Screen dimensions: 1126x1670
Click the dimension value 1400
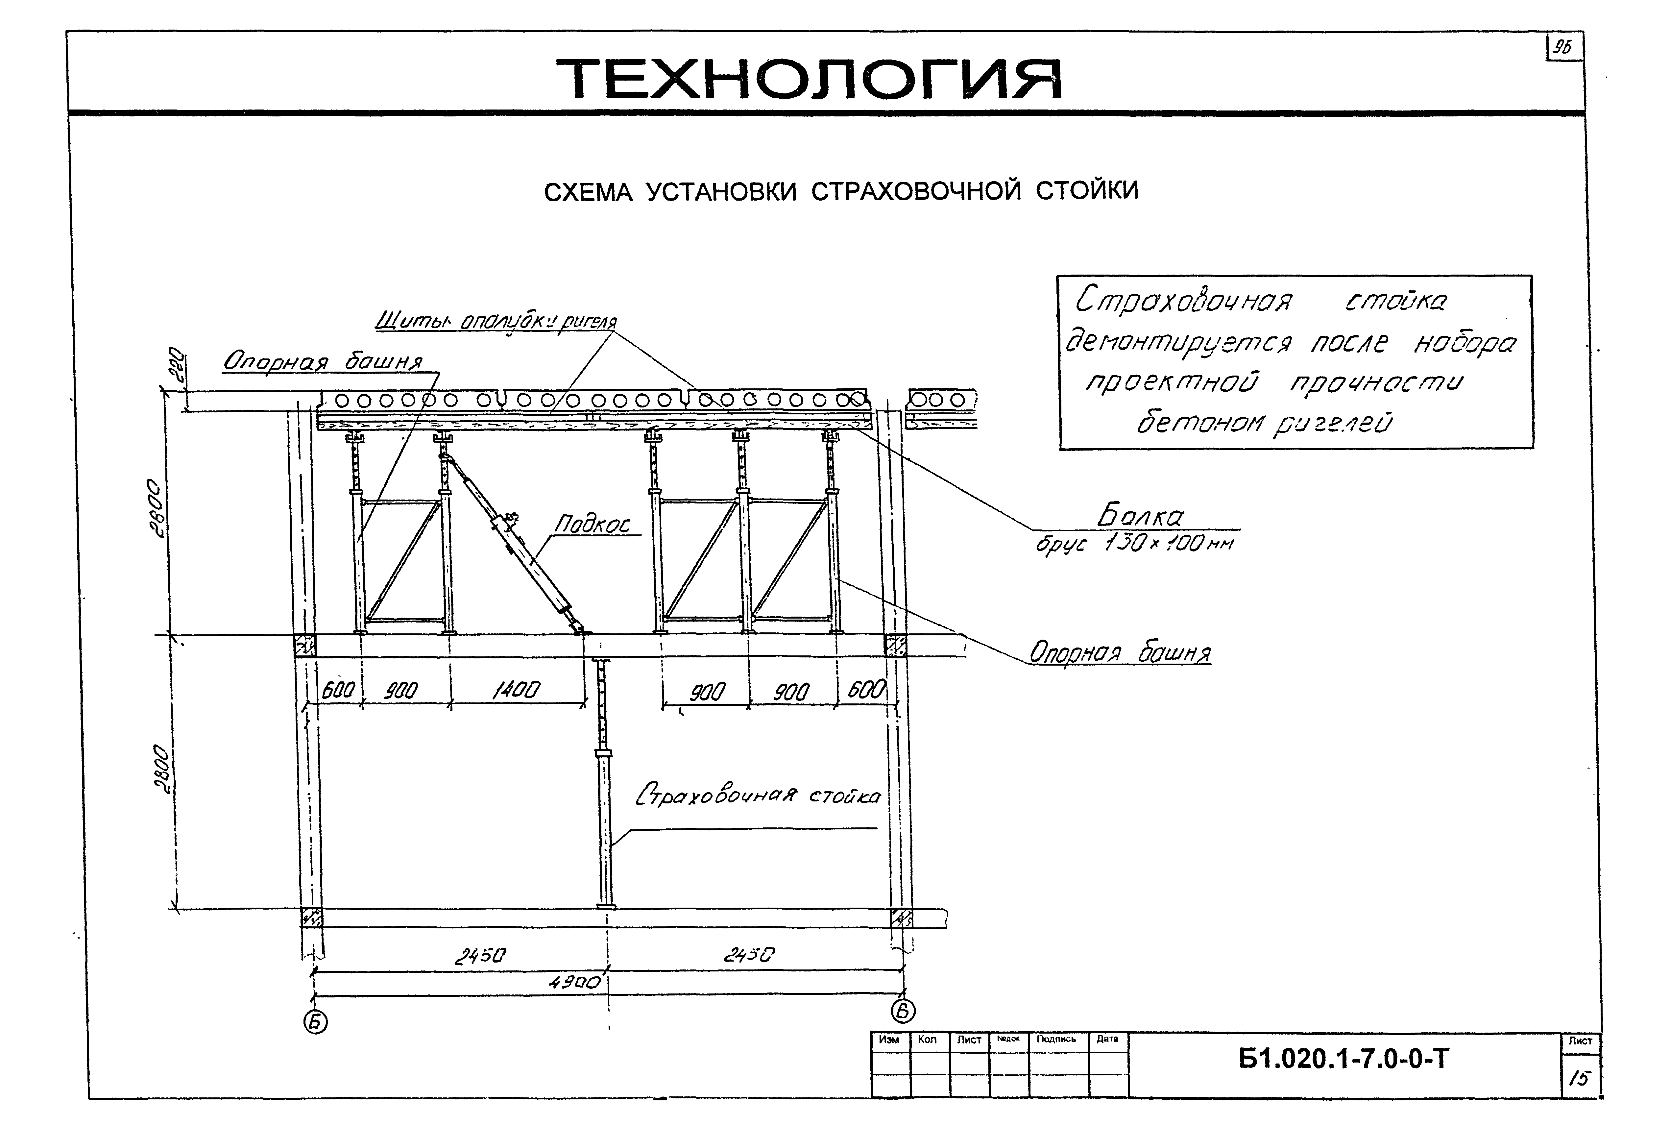[x=516, y=691]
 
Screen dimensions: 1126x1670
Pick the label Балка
[x=1140, y=516]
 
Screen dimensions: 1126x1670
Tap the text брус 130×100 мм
[x=1134, y=544]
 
